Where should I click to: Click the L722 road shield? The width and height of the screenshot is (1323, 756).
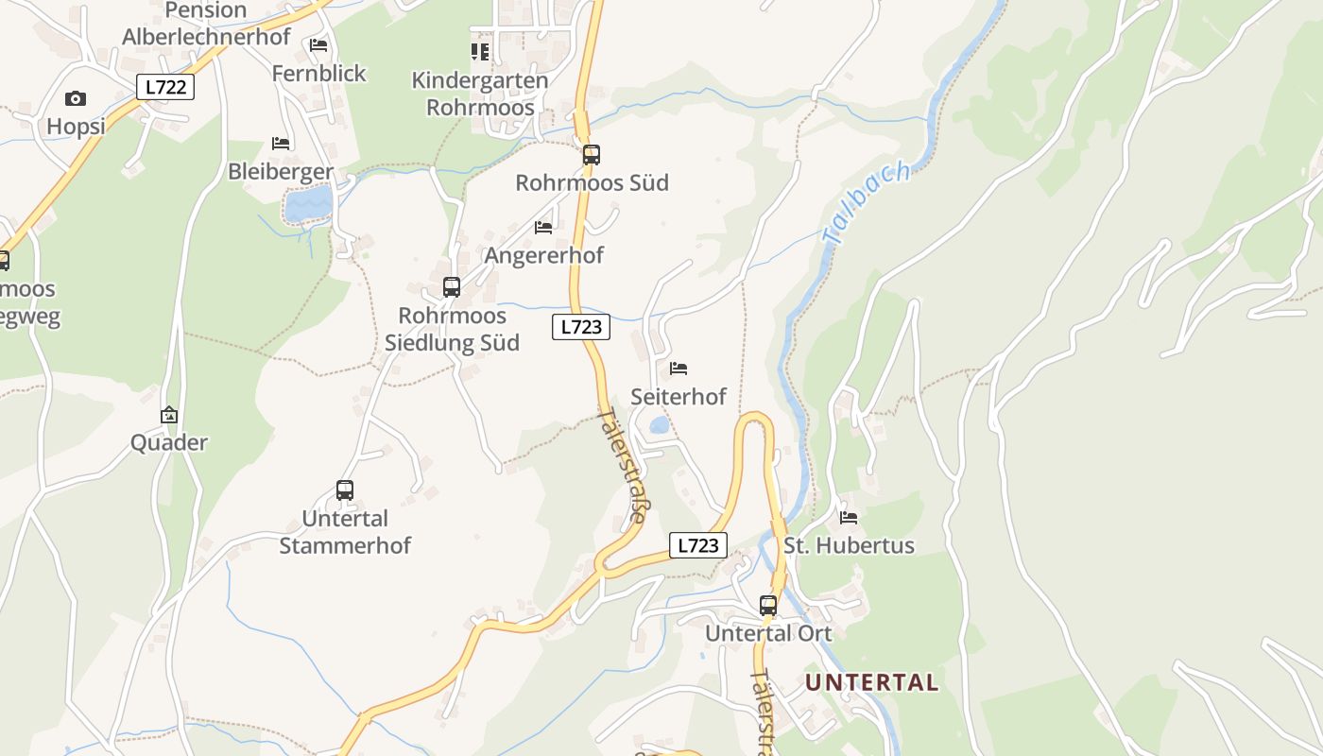[166, 87]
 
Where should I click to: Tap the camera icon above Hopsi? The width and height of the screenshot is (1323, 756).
[76, 98]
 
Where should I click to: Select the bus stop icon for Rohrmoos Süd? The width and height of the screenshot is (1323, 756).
[592, 154]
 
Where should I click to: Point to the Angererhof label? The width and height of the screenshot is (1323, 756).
[543, 255]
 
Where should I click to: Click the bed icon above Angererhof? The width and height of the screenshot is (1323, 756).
[543, 228]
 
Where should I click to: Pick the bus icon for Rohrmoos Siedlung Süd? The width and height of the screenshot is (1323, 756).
[452, 286]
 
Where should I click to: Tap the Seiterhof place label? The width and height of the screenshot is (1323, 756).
[679, 397]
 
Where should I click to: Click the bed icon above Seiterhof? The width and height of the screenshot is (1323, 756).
[679, 369]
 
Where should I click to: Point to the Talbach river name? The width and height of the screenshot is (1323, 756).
[867, 202]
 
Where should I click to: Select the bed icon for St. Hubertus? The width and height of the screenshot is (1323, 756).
[849, 518]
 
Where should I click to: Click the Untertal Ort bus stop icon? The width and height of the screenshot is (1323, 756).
[768, 605]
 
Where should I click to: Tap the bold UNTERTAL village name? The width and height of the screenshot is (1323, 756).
[871, 682]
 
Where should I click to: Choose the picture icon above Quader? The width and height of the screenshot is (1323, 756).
[169, 415]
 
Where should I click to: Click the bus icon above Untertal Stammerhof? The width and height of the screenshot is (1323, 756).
[345, 490]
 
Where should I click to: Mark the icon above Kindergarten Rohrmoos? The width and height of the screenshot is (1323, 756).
[480, 51]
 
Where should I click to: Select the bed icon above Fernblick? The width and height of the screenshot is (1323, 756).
[318, 45]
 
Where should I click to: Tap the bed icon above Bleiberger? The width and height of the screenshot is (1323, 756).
[281, 144]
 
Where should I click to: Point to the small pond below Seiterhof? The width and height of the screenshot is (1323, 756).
[659, 426]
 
